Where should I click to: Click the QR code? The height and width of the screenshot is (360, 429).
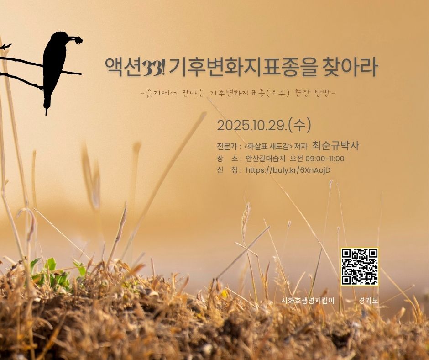coord(360,267)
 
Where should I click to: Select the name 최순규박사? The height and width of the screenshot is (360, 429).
coord(335,145)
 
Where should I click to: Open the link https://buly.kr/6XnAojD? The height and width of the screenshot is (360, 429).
coord(288,170)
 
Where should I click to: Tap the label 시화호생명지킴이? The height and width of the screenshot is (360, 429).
coord(308,301)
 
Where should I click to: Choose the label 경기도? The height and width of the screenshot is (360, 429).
coord(368,301)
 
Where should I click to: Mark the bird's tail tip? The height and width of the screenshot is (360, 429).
coord(46,114)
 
